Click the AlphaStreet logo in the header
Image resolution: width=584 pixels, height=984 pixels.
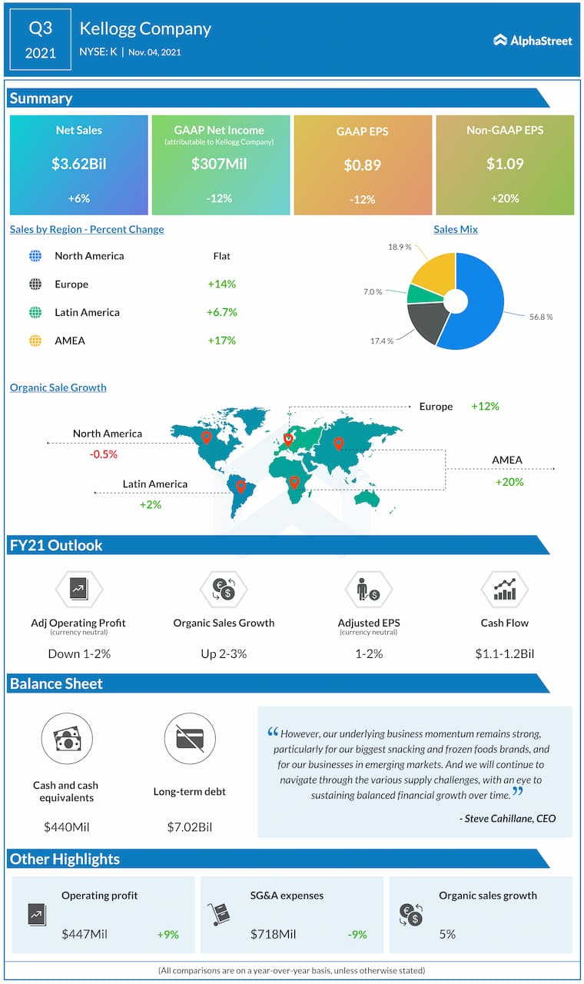tap(533, 40)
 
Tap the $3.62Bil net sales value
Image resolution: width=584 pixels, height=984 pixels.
tap(78, 163)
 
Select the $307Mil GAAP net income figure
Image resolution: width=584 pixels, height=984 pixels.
tap(219, 163)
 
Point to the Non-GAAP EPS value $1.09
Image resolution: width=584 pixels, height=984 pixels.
tap(504, 163)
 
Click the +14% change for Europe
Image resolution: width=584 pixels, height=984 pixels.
tap(221, 284)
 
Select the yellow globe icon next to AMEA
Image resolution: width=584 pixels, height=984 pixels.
tap(35, 341)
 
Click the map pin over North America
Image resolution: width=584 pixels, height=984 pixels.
tap(206, 437)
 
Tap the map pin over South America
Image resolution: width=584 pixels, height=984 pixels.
tap(241, 486)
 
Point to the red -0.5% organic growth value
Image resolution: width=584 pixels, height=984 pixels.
tap(103, 454)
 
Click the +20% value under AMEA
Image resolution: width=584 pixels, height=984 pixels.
tap(509, 482)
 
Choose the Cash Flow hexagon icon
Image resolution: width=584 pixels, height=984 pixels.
tap(504, 590)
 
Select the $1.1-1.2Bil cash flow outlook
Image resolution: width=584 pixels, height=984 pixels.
tap(504, 653)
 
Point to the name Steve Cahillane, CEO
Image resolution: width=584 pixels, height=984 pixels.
tap(507, 818)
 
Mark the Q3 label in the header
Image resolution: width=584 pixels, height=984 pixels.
tap(40, 29)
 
